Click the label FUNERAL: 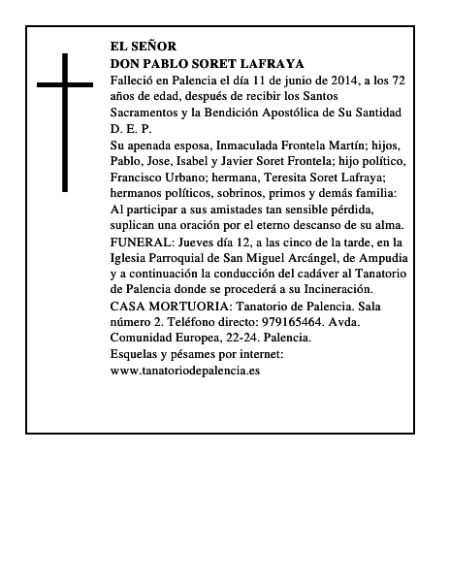(139, 242)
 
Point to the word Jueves (190, 242)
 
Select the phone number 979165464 (287, 324)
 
